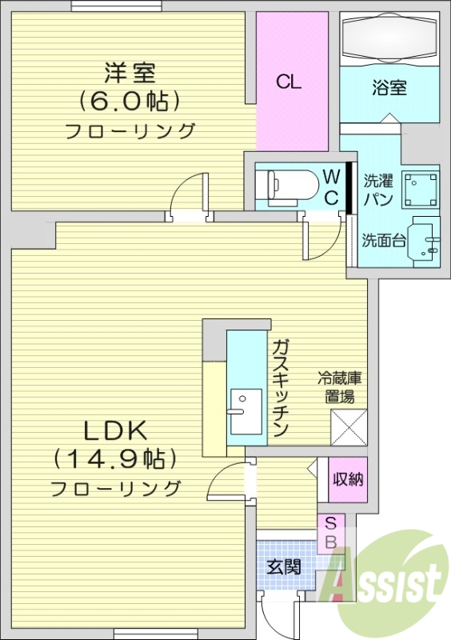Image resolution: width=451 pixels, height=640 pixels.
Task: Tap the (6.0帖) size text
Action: click(129, 102)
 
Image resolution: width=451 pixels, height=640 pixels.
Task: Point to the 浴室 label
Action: click(389, 87)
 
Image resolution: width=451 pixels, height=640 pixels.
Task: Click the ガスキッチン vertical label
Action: click(280, 387)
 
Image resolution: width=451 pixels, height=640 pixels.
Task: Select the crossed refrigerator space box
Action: click(349, 426)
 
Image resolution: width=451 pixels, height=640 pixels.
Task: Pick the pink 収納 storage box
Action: click(349, 479)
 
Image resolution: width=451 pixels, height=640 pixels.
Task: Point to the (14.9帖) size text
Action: click(115, 459)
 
